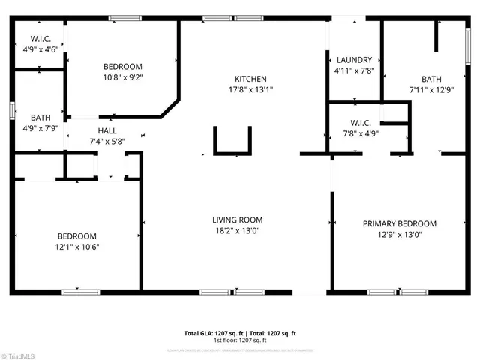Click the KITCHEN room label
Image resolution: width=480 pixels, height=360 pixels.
pyautogui.click(x=250, y=79)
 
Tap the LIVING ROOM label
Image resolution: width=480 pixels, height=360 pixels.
pyautogui.click(x=237, y=220)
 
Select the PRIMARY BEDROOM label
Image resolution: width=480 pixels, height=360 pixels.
pyautogui.click(x=399, y=223)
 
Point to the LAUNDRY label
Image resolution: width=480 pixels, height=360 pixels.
pyautogui.click(x=355, y=60)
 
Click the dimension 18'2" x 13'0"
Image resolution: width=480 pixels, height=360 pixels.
pyautogui.click(x=237, y=232)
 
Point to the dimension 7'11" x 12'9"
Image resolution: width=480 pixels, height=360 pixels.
pyautogui.click(x=431, y=91)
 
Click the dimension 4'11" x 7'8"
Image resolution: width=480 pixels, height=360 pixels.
pyautogui.click(x=355, y=71)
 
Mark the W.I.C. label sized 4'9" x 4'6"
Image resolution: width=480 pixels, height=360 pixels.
pyautogui.click(x=40, y=39)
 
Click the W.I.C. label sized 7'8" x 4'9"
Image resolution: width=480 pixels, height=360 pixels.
pyautogui.click(x=365, y=123)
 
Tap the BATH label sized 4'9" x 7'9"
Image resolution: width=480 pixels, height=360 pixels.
pyautogui.click(x=40, y=117)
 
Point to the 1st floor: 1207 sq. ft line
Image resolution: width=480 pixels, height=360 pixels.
pyautogui.click(x=240, y=341)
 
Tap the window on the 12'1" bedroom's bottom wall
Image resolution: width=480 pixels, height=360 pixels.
pyautogui.click(x=80, y=291)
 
